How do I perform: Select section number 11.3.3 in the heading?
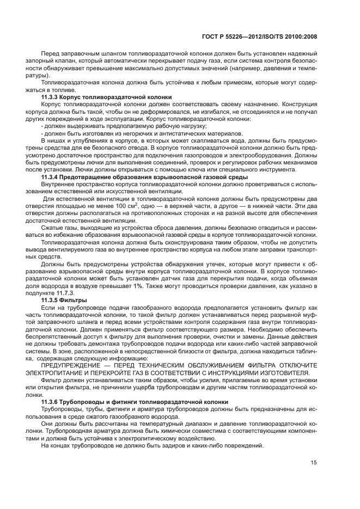(52, 96)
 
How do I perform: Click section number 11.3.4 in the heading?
(52, 178)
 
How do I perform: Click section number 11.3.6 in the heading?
(52, 402)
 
